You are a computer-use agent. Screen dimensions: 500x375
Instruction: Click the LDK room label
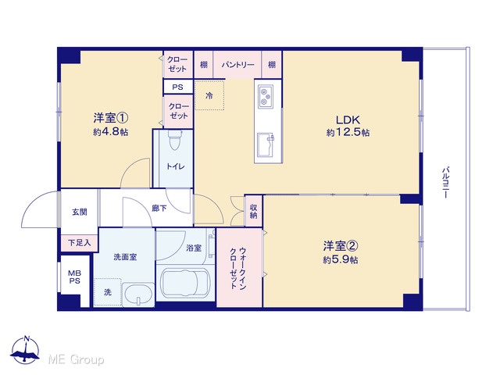(x=348, y=120)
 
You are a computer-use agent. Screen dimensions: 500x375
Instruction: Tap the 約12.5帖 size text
(x=348, y=132)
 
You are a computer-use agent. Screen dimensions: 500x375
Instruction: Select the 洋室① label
(x=111, y=118)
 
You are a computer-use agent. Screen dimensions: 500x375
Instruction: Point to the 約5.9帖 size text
(x=341, y=260)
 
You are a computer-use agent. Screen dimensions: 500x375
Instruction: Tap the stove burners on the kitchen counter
(x=265, y=95)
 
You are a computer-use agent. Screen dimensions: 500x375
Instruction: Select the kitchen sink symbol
(x=266, y=145)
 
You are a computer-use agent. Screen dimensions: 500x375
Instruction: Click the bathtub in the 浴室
(x=185, y=284)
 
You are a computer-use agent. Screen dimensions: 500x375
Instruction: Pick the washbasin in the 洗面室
(x=139, y=295)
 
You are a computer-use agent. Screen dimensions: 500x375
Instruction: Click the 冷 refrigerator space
(x=209, y=95)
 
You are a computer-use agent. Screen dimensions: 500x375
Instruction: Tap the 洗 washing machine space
(x=108, y=291)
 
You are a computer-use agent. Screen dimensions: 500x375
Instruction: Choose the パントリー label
(x=237, y=65)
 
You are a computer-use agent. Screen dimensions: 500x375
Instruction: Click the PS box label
(x=177, y=87)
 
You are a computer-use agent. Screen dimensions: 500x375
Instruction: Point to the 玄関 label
(x=79, y=212)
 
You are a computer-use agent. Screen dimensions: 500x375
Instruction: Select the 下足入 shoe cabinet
(x=80, y=243)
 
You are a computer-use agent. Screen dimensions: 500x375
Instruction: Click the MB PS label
(x=75, y=277)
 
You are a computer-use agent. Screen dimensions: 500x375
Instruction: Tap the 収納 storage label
(x=253, y=211)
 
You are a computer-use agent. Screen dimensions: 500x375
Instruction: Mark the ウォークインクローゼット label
(x=238, y=268)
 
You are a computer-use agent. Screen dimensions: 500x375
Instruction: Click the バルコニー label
(x=445, y=182)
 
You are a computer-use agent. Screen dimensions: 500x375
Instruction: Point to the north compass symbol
(x=25, y=350)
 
